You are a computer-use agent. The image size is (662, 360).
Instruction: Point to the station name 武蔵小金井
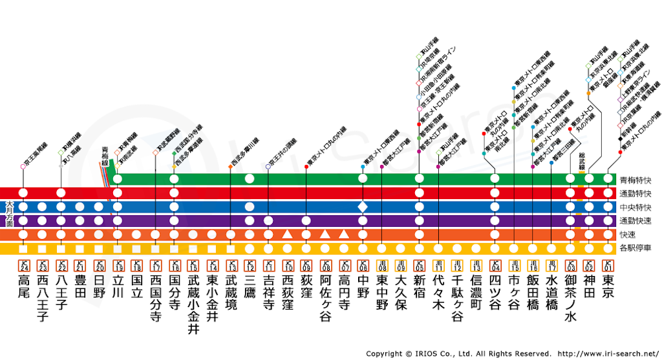pos(193,304)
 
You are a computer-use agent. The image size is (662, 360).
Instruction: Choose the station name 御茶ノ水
pos(570,297)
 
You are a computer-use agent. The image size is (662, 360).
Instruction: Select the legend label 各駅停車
pos(635,248)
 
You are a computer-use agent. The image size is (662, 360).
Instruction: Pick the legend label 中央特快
pos(635,207)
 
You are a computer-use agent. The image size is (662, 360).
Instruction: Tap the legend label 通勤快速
pos(635,221)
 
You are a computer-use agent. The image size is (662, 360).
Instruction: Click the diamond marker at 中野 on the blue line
pos(363,207)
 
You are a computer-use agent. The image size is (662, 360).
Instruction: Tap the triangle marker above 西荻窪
pos(287,234)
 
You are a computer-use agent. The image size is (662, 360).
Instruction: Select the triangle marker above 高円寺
pos(344,234)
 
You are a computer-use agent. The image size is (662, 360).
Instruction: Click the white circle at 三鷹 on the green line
pos(250,178)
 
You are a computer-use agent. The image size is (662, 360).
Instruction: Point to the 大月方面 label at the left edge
pos(9,213)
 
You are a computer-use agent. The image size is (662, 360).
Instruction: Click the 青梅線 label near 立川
pos(105,156)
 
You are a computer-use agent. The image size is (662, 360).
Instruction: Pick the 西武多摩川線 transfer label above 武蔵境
pos(242,151)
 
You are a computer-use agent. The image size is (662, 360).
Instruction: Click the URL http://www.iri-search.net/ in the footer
pos(607,354)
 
